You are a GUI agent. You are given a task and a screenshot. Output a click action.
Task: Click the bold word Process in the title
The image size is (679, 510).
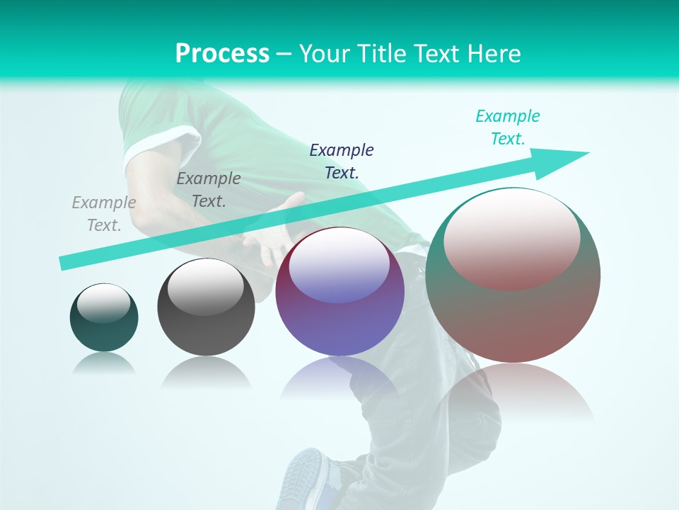coord(222,53)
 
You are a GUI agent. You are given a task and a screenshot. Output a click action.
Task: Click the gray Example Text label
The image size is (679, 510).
coord(104,213)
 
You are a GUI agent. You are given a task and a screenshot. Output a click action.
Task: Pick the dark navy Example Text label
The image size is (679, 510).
coord(342,161)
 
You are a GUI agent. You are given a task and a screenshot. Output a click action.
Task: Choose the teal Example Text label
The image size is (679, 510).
coord(507,127)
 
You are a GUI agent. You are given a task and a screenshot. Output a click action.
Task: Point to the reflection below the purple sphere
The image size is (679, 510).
coord(339,379)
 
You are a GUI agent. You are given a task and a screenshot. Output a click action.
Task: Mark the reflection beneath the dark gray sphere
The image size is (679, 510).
coord(206,373)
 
